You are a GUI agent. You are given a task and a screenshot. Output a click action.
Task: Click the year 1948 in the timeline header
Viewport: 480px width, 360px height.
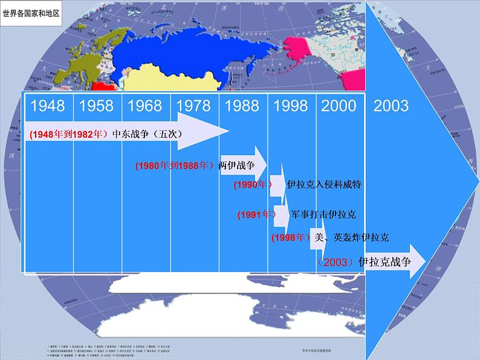pos(48,106)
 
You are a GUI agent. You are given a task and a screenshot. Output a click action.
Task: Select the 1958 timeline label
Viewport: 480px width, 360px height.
pos(96,106)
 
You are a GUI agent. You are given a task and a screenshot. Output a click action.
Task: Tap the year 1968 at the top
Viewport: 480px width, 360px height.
pos(145,106)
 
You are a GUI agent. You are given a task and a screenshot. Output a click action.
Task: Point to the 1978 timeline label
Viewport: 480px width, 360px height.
pos(193,106)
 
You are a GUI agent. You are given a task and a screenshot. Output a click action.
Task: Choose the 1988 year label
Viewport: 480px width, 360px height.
pos(242,106)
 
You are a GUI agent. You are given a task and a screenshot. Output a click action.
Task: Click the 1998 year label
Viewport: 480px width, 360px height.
pos(291,106)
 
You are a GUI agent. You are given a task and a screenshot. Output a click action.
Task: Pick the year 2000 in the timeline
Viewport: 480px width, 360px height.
pos(339,106)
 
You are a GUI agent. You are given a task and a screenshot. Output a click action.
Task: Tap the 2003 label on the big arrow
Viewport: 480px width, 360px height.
pos(391,106)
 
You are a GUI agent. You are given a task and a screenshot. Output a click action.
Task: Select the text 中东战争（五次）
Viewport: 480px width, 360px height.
pos(148,134)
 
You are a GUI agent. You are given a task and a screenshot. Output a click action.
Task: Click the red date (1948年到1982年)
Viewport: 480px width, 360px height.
pos(68,135)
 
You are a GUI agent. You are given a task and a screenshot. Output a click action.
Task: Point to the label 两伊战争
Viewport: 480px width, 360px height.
pos(237,165)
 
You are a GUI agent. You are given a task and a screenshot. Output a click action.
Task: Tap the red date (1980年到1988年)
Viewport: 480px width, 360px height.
pos(175,166)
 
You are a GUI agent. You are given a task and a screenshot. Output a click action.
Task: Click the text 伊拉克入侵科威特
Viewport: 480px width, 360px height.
pos(324,184)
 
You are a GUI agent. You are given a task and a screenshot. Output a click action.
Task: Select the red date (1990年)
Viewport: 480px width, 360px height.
pos(253,185)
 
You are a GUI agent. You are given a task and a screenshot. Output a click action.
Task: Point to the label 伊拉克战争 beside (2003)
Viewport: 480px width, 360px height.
pos(384,262)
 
